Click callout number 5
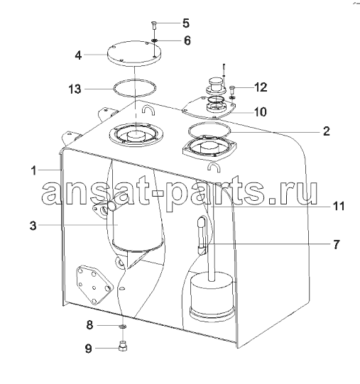(186, 23)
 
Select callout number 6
(187, 40)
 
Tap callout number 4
(78, 55)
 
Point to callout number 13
(75, 89)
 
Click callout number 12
(261, 87)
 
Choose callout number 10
(260, 112)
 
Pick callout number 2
(326, 131)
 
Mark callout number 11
(338, 207)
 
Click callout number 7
(337, 244)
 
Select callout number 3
(33, 226)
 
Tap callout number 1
(34, 170)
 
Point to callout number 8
(89, 325)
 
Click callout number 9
(89, 348)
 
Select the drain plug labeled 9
(122, 345)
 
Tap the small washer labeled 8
(122, 326)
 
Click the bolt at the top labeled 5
(153, 26)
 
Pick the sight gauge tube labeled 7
(202, 236)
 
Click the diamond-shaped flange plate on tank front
(94, 284)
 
